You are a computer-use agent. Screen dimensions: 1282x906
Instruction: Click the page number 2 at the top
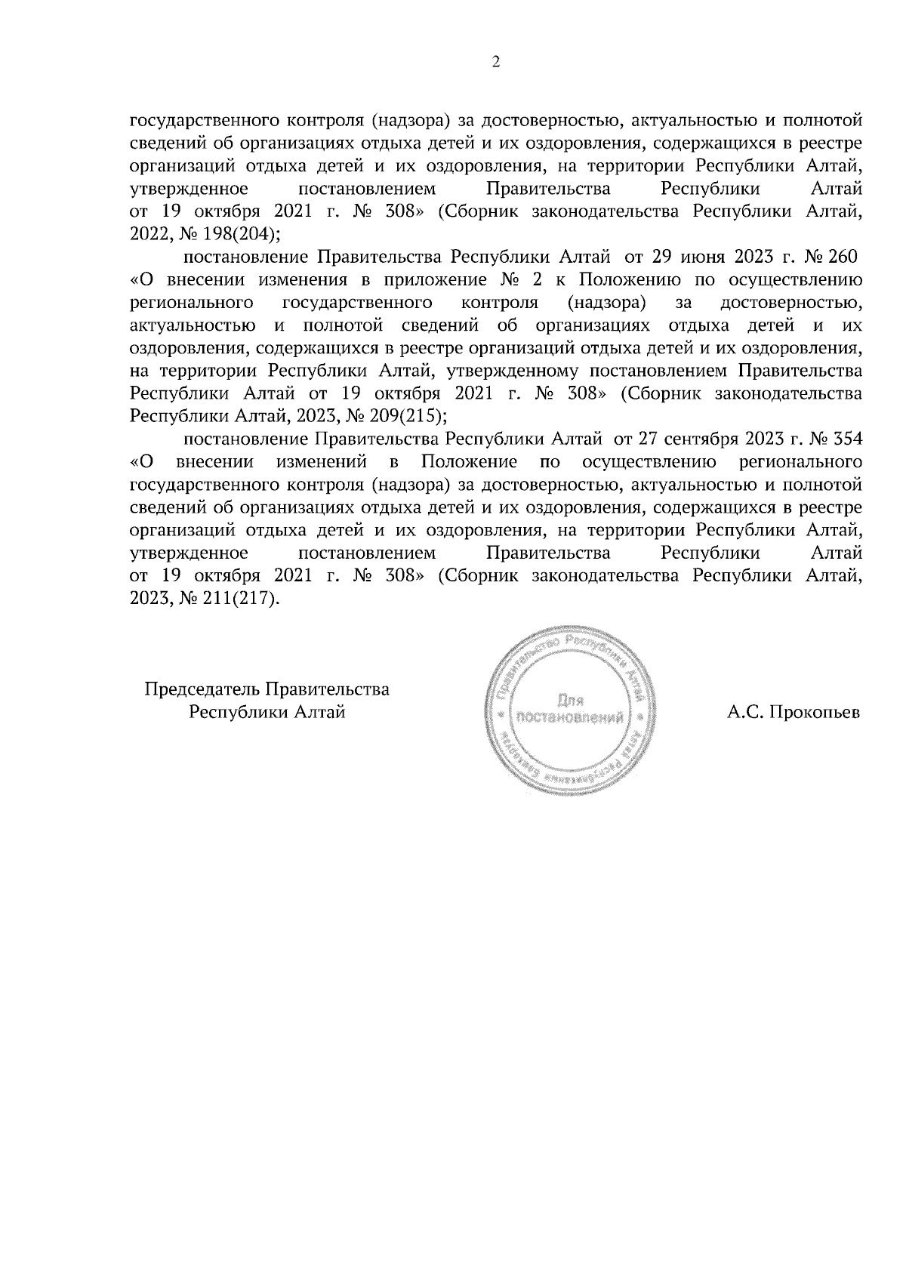click(496, 63)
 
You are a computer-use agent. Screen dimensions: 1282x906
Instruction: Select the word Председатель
click(202, 689)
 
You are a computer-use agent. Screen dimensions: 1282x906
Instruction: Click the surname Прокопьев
click(814, 712)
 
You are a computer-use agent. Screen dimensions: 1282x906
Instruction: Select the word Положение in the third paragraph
click(470, 461)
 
